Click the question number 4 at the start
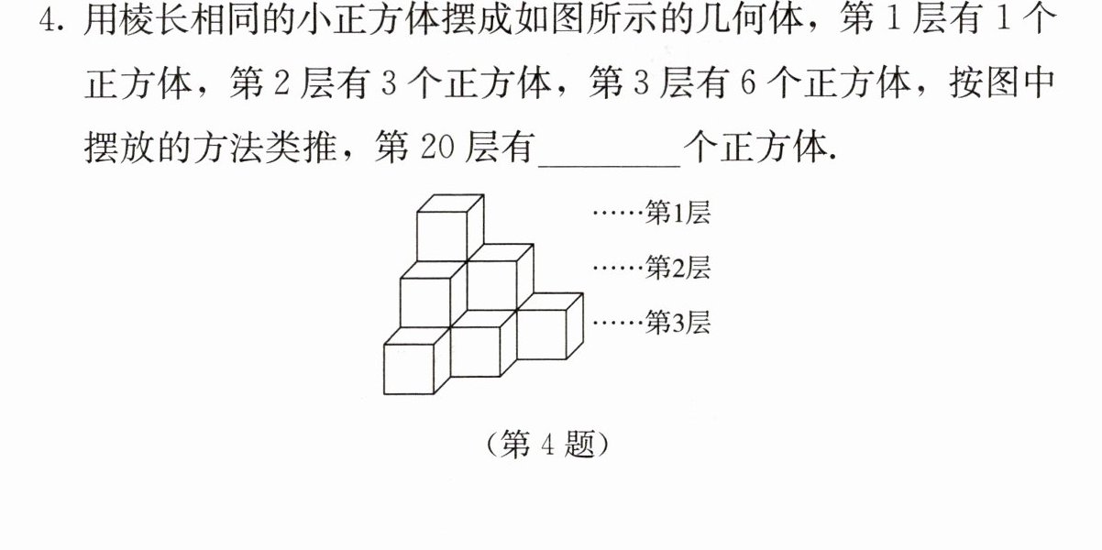tap(49, 20)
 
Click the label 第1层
tap(678, 213)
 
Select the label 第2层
tap(678, 268)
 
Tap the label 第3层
tap(678, 323)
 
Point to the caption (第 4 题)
tap(547, 445)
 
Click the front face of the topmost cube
tap(442, 236)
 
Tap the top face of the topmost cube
tap(450, 203)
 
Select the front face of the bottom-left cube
tap(409, 369)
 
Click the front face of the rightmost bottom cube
tap(542, 335)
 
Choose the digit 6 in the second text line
tap(748, 82)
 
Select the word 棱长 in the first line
tap(138, 20)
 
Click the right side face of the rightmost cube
tap(575, 326)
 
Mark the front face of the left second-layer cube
tap(425, 302)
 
